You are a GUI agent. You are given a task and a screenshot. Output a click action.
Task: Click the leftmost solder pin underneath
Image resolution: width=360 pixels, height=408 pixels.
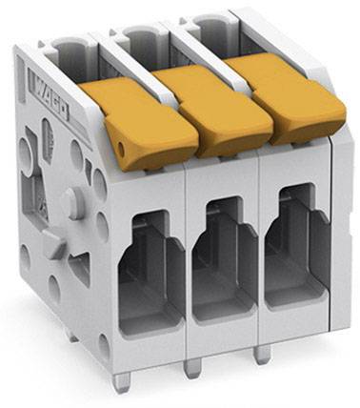(119, 381)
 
